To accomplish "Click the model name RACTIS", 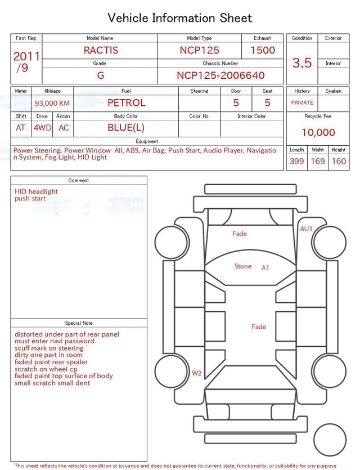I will click(101, 50).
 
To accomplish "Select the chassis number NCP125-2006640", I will click(220, 75).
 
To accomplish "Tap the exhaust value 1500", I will click(263, 50).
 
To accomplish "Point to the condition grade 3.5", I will click(302, 63).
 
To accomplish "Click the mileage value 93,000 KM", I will click(52, 104).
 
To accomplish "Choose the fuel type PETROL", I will click(126, 103).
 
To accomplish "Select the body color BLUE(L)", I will click(126, 128).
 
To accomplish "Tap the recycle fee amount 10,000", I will click(318, 133).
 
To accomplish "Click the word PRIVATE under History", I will click(302, 103).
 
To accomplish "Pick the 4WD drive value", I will click(42, 128).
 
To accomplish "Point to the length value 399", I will click(296, 162).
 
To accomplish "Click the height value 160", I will click(339, 162).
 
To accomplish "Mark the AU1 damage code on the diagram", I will click(306, 229).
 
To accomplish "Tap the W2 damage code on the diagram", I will click(196, 373).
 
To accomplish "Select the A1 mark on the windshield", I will click(265, 268).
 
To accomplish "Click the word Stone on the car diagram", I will click(243, 266).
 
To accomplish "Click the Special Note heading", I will click(79, 323).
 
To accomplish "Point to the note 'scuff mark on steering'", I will click(49, 348).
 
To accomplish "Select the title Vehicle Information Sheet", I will click(180, 18).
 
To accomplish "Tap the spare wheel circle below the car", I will click(330, 440).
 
